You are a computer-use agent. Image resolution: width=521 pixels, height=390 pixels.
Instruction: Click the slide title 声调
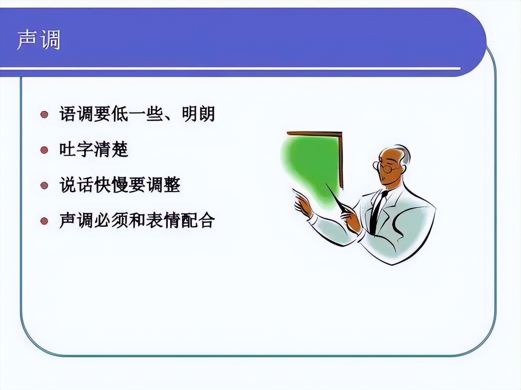[38, 40]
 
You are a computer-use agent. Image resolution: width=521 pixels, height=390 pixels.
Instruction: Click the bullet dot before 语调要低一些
[44, 114]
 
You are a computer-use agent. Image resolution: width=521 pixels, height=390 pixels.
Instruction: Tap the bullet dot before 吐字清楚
[44, 150]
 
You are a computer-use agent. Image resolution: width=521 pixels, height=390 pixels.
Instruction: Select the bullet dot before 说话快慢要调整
[44, 185]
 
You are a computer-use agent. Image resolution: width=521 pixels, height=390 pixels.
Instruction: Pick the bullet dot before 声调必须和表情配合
[44, 220]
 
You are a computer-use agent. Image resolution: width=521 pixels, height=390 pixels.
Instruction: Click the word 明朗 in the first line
[198, 114]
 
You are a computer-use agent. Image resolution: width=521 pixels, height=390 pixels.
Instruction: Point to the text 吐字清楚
[94, 150]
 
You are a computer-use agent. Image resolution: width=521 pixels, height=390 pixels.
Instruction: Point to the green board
[312, 166]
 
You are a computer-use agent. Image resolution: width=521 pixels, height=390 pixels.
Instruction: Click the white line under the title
[237, 69]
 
